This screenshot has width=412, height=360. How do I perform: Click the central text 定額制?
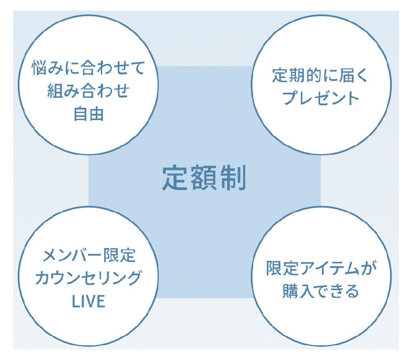point(204,178)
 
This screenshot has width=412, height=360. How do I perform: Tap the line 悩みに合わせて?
point(88,68)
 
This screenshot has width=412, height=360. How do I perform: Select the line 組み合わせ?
point(88,91)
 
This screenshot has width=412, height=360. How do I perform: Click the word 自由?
point(88,114)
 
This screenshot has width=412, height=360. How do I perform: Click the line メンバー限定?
point(89,256)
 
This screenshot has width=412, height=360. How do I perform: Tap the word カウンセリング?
point(89,278)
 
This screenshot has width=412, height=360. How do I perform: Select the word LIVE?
point(88,301)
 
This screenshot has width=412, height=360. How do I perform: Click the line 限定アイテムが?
point(321,269)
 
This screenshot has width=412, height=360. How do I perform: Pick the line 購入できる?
point(321,292)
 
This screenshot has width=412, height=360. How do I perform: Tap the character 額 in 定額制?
point(204,178)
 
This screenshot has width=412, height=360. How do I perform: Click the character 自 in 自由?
point(81,114)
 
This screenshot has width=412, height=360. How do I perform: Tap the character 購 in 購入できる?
point(290,292)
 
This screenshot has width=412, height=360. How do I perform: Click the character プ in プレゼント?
point(289,98)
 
